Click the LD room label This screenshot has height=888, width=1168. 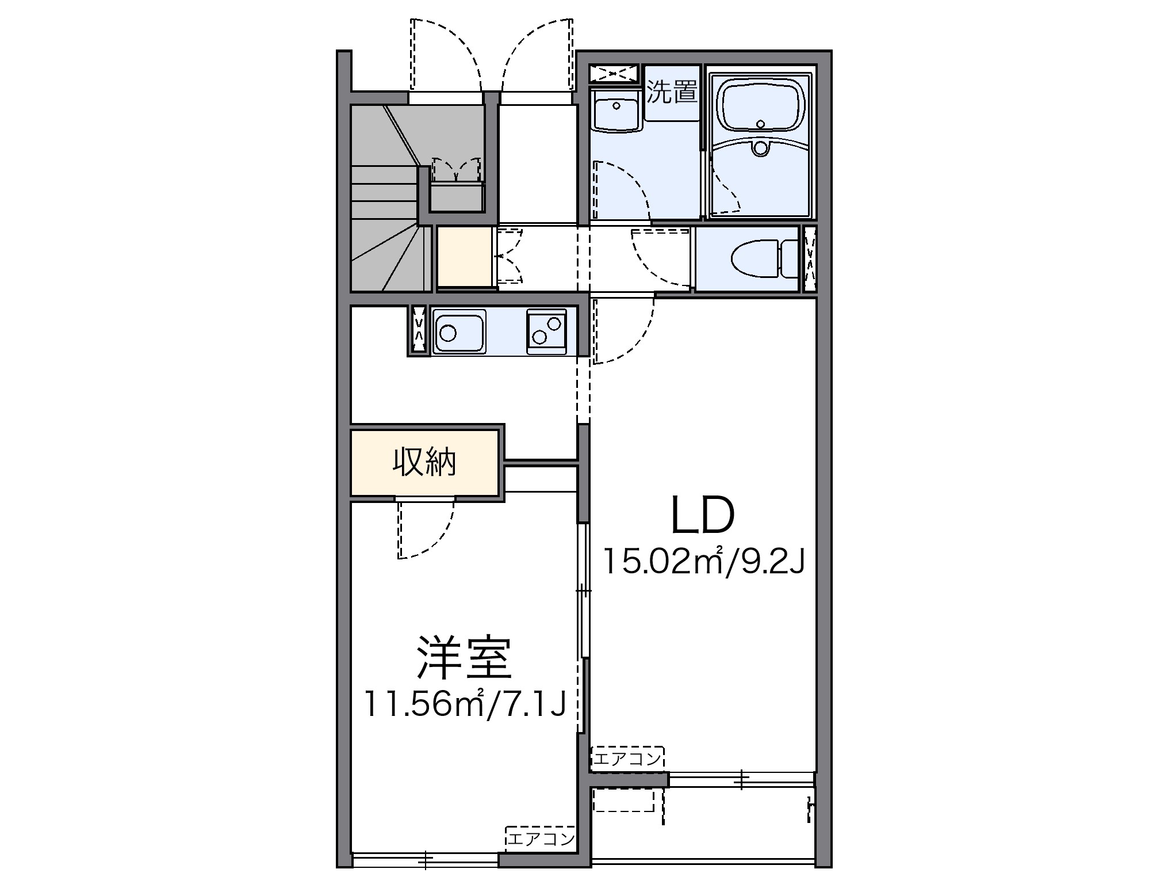click(x=702, y=514)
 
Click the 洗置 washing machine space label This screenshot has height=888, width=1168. click(x=671, y=92)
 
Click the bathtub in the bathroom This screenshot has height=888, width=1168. click(x=761, y=106)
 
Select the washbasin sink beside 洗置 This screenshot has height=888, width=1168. click(x=616, y=113)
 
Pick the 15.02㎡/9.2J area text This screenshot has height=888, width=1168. click(x=702, y=562)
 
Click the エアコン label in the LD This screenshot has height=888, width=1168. click(x=627, y=759)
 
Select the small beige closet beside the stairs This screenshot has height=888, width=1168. click(x=464, y=257)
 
